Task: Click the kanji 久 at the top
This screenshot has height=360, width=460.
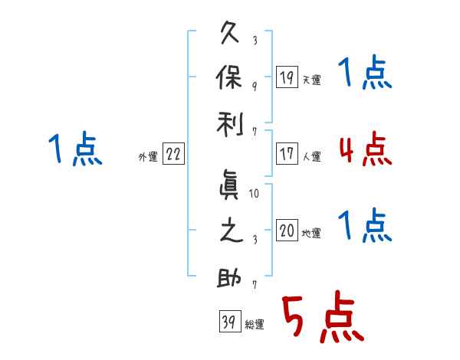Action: tap(229, 32)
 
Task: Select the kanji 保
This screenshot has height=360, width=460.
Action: tap(228, 77)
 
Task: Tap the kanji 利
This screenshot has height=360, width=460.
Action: tap(230, 124)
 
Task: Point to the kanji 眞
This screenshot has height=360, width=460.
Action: tap(228, 185)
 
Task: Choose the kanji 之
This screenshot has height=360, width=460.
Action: tap(231, 230)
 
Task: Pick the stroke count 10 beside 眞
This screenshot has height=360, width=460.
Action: tap(254, 194)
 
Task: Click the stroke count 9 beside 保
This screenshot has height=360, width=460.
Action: tap(255, 87)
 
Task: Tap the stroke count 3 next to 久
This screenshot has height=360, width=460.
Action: tap(255, 40)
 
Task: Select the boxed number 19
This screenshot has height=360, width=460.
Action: tap(287, 77)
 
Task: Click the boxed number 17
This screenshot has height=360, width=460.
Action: tap(287, 154)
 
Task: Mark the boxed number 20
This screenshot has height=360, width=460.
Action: tap(287, 230)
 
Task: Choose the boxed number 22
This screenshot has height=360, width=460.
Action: tap(173, 154)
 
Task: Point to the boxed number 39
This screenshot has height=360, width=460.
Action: tap(230, 321)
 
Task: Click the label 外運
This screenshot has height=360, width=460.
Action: tap(148, 157)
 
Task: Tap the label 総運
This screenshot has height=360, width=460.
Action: tap(255, 325)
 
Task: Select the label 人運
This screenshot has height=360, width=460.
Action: tap(311, 156)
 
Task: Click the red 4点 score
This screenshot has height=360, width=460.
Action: tap(366, 149)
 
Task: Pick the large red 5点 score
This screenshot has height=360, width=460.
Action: tap(324, 316)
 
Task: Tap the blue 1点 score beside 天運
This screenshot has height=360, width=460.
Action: tap(365, 72)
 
